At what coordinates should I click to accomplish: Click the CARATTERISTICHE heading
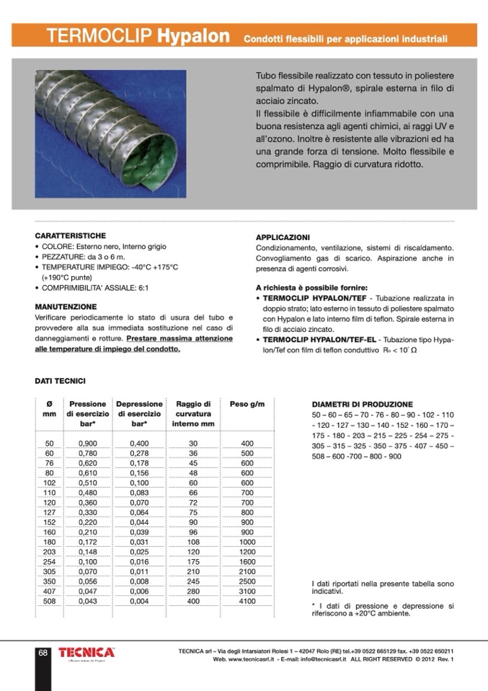click(71, 236)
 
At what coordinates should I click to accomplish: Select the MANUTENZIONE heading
click(66, 307)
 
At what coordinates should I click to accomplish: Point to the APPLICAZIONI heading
click(283, 237)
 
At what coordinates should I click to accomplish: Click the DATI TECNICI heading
click(61, 380)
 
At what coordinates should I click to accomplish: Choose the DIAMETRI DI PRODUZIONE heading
click(362, 405)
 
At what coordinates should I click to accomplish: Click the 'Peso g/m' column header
click(247, 405)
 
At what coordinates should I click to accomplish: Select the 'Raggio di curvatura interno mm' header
click(192, 414)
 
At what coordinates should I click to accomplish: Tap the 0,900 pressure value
click(87, 443)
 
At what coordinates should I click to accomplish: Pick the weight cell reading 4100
click(247, 601)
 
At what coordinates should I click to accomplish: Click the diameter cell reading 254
click(49, 560)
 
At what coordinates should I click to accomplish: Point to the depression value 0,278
click(139, 453)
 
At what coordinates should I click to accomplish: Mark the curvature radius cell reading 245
click(192, 581)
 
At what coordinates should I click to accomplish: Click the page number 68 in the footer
click(43, 653)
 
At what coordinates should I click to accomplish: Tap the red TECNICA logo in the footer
click(86, 652)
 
